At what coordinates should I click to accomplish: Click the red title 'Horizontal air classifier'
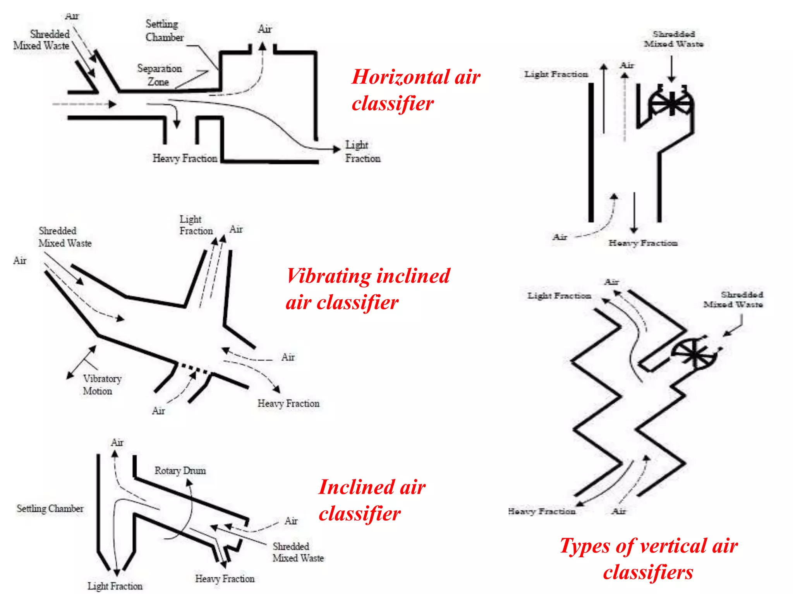[415, 90]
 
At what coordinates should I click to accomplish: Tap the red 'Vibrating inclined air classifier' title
[367, 288]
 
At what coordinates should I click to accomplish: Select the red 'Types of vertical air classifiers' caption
[649, 559]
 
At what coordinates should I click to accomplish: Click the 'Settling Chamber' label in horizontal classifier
[164, 31]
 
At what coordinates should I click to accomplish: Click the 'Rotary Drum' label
[180, 471]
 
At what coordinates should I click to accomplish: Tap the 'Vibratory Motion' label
[101, 384]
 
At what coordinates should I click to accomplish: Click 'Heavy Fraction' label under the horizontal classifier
[185, 158]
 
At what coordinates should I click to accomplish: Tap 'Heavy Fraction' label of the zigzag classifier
[542, 511]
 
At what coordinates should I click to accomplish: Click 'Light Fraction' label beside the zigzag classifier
[559, 296]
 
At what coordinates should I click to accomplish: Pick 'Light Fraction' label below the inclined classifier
[115, 585]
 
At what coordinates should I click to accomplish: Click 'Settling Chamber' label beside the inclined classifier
[50, 509]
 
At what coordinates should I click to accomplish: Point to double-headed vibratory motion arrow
[82, 362]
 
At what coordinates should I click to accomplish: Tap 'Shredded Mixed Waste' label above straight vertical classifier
[673, 39]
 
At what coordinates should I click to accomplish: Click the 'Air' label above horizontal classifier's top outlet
[265, 29]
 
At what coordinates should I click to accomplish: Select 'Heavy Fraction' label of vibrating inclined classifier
[288, 403]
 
